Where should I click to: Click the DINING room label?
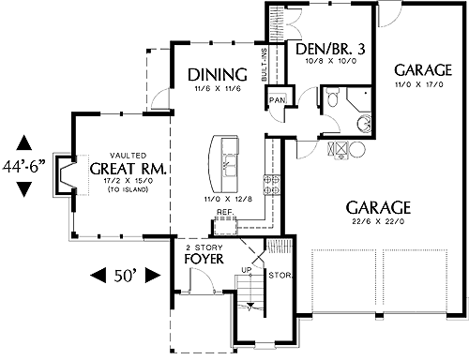(218, 75)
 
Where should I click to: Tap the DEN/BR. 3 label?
(330, 49)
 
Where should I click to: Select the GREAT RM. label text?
(129, 169)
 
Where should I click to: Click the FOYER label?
(204, 259)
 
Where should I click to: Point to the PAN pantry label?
(278, 100)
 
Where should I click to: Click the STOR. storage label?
(280, 276)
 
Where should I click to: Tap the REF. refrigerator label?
(225, 212)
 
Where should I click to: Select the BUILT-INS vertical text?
(265, 65)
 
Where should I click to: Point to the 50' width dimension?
(125, 276)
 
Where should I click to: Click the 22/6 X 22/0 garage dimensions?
(378, 221)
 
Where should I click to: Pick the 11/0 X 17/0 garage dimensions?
(419, 84)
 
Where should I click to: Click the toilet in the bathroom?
(332, 97)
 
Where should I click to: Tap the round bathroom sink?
(364, 123)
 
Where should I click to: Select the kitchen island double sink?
(230, 166)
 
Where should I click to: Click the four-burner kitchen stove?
(271, 185)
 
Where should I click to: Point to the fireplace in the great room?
(65, 175)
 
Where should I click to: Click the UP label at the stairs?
(247, 269)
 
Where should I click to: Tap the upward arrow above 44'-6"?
(24, 142)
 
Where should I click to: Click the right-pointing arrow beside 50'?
(153, 276)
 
